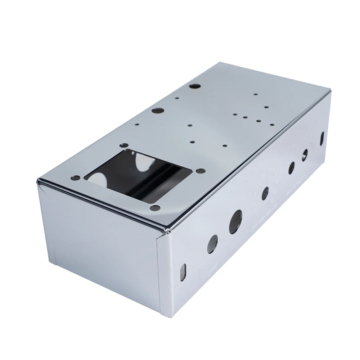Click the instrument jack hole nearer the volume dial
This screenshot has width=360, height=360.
pos(291,168)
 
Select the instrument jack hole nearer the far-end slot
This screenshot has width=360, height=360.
pos(305,154)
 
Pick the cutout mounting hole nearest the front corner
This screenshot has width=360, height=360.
pos(156,208)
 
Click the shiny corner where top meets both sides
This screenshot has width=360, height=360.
pos(166,229)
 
